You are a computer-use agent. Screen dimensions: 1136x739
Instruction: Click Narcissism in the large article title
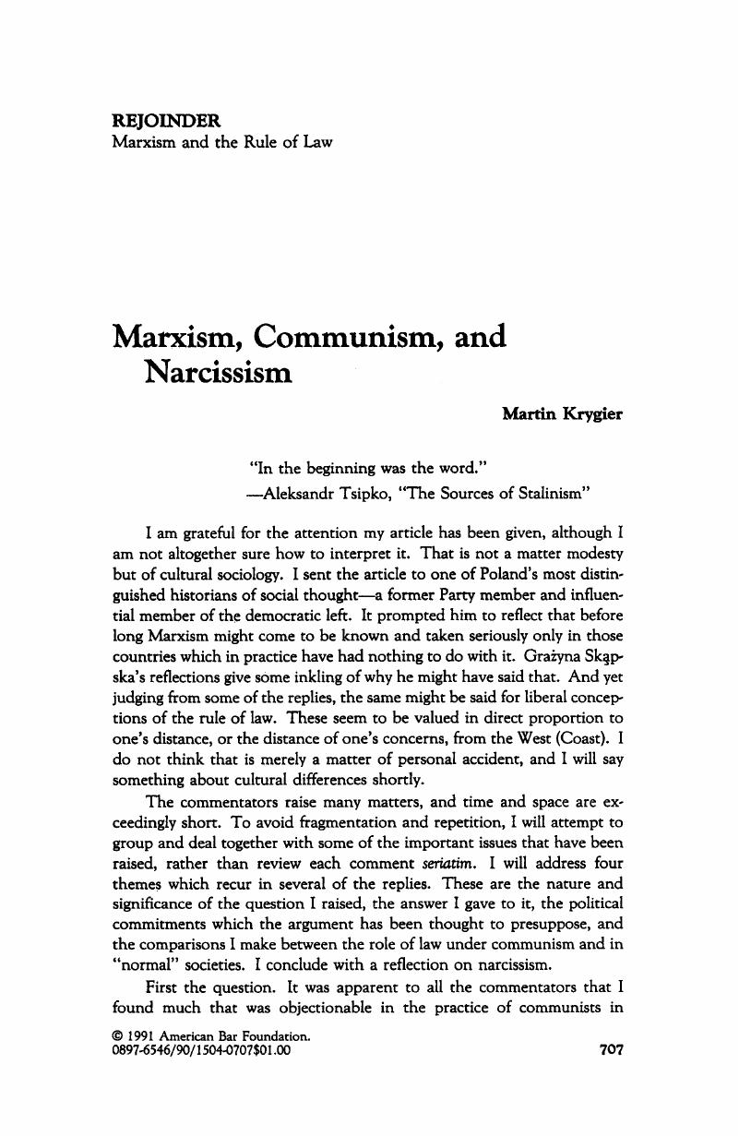click(x=217, y=375)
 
